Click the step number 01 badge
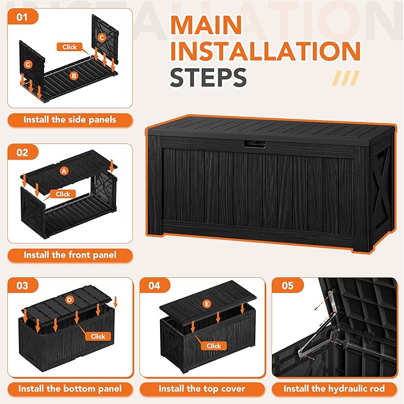click(23, 17)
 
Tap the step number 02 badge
click(23, 152)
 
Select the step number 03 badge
click(23, 286)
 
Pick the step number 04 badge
click(154, 286)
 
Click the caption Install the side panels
click(70, 120)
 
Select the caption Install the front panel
click(70, 255)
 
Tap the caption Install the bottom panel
click(70, 389)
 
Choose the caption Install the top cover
click(202, 389)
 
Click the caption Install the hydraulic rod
click(334, 389)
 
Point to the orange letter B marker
click(74, 76)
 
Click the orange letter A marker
click(64, 170)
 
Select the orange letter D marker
click(69, 300)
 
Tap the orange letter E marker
click(206, 304)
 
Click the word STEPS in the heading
click(208, 77)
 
